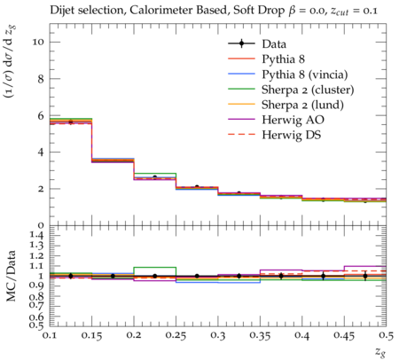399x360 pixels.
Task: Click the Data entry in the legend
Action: tap(274, 44)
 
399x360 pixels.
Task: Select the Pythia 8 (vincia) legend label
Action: tap(305, 74)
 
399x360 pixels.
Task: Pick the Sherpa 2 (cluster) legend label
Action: tap(308, 90)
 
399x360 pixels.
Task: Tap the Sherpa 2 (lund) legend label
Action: tap(302, 105)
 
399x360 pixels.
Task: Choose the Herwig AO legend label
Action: tap(293, 120)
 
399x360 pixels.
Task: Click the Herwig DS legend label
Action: tap(292, 135)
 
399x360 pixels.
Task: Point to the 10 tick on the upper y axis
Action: tap(38, 42)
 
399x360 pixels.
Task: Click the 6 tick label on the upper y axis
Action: tap(41, 115)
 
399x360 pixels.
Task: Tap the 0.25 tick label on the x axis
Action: tap(176, 335)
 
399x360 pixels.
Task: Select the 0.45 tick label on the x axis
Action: tap(344, 335)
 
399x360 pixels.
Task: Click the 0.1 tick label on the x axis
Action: tap(50, 335)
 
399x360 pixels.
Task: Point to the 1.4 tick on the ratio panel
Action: tap(37, 236)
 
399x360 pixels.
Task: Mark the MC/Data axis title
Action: tap(12, 276)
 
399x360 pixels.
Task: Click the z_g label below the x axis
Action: tap(379, 352)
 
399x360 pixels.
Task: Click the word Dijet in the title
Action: tap(61, 11)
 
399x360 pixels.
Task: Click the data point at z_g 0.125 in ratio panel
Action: tap(71, 276)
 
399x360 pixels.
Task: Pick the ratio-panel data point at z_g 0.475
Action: tap(365, 276)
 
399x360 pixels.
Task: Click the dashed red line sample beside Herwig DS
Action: tap(241, 135)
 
